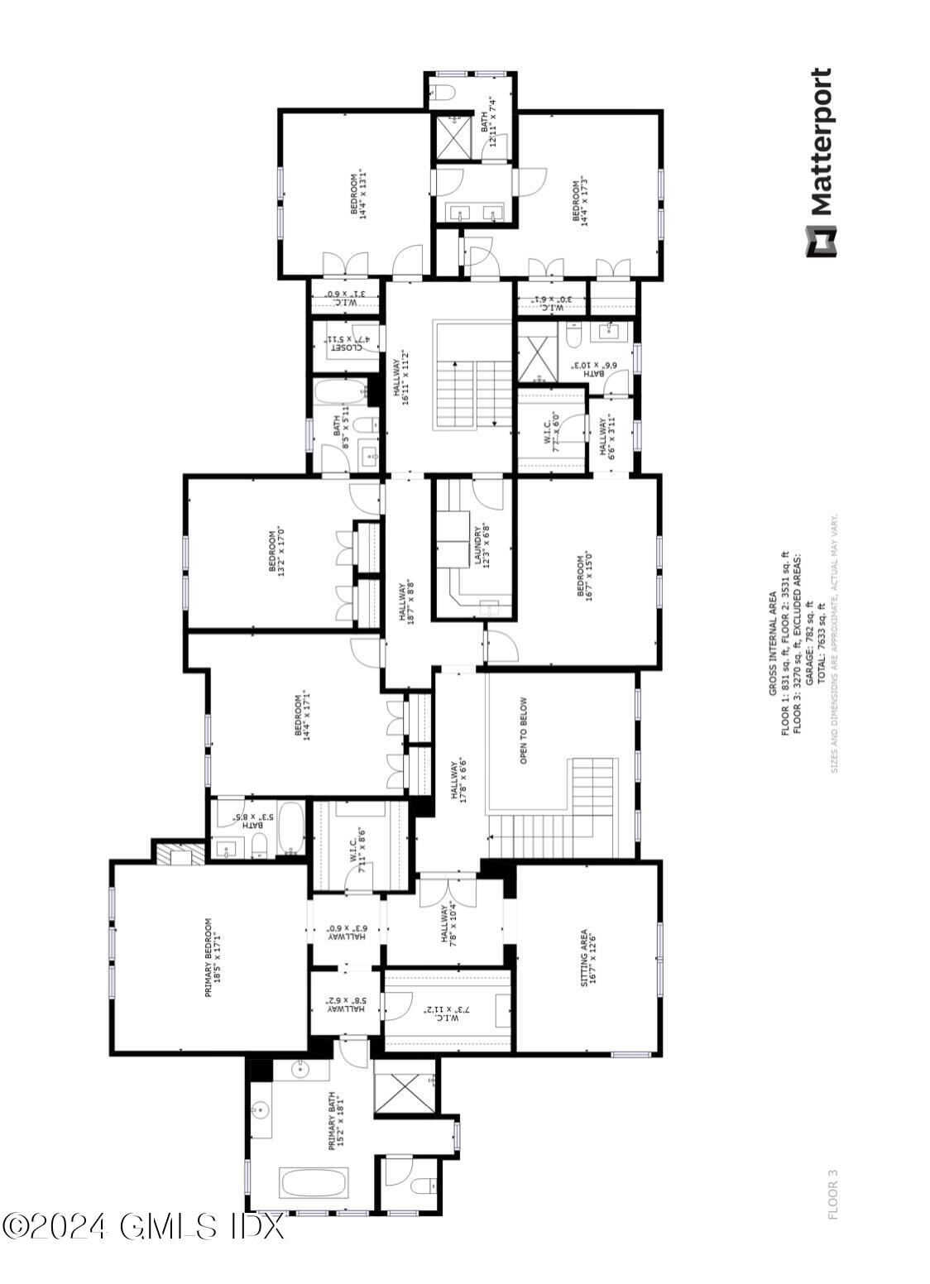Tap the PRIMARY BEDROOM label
[213, 956]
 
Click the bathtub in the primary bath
[314, 1183]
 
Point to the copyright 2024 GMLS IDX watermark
[142, 1226]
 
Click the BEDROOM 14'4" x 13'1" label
[358, 194]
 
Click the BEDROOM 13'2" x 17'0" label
[276, 550]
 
